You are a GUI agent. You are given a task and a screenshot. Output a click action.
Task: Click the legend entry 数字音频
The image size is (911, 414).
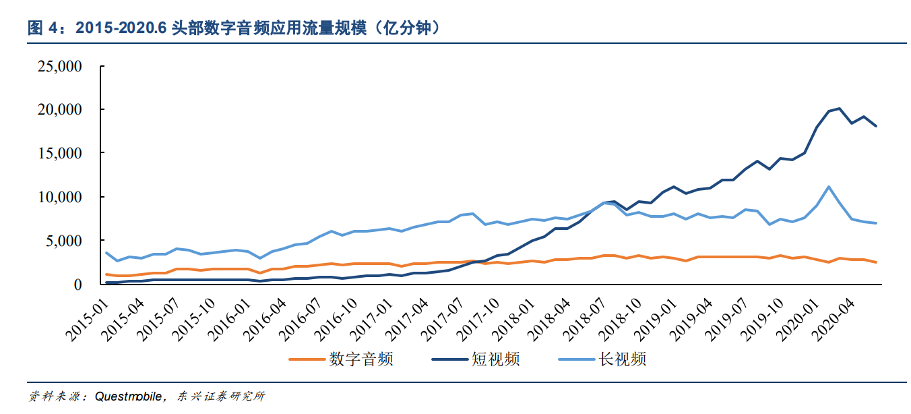pos(360,359)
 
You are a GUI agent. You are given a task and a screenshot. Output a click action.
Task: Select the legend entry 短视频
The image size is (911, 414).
pos(495,359)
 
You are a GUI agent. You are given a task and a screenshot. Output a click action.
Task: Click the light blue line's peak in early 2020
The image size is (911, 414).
pos(827,187)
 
